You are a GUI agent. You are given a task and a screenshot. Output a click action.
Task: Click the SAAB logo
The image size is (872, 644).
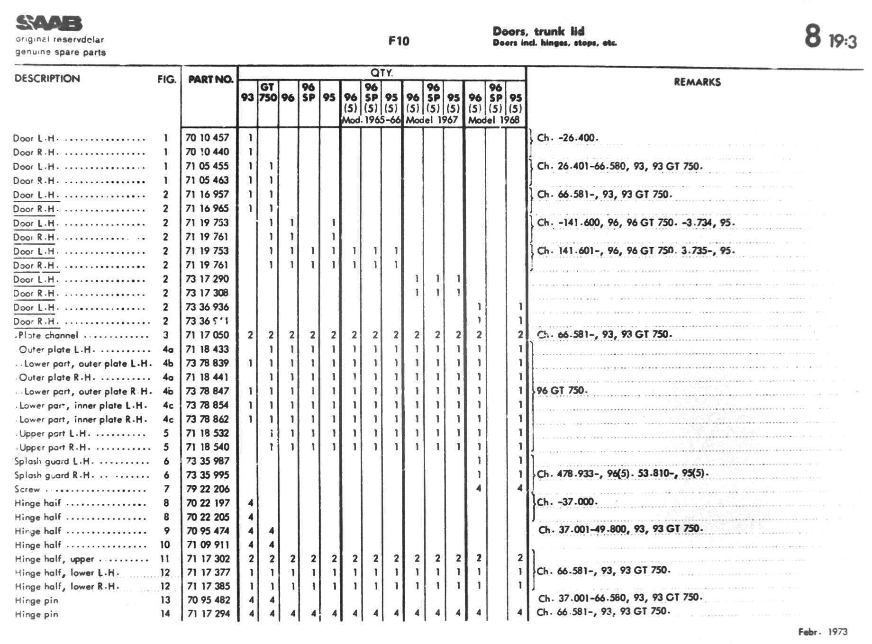coord(49,23)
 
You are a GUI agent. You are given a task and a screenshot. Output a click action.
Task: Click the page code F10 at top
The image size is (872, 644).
coord(399,41)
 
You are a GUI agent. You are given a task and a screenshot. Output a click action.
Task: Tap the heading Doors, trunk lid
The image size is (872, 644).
coord(538,31)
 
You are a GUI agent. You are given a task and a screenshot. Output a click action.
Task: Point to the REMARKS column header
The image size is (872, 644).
coord(697,82)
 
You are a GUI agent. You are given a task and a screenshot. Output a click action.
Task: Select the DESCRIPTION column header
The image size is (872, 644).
coord(47,79)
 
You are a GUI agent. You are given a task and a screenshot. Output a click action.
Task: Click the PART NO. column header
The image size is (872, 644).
coord(210,79)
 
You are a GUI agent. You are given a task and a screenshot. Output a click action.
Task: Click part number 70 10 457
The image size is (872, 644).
coord(207,138)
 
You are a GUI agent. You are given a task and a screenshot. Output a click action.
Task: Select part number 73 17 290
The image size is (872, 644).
coord(207,279)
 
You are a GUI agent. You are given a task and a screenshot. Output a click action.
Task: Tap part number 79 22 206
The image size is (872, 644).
coord(208,489)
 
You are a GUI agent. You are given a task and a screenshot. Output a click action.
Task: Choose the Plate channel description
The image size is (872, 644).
coord(48,335)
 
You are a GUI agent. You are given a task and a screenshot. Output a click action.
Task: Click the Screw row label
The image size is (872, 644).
coord(27,489)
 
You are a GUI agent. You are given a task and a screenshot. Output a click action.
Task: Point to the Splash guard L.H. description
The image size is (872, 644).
coord(54,461)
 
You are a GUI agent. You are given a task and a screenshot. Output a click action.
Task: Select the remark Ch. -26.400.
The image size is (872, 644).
coord(567,138)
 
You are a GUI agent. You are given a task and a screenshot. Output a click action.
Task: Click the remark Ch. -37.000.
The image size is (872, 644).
coord(567,502)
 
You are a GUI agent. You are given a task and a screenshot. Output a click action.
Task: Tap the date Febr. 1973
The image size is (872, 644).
coord(823,632)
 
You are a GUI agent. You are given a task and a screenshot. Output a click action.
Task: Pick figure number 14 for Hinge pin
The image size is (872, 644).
coord(165,614)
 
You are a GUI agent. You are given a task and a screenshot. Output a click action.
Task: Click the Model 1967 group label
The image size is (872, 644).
coord(431,120)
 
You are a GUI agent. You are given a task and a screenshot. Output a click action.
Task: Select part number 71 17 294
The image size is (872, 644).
coord(208,614)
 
